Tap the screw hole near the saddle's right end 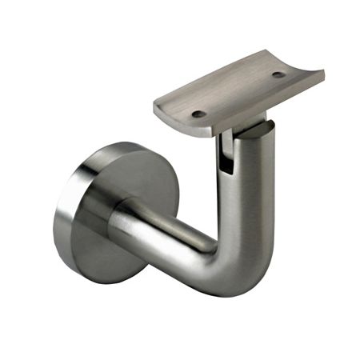pyautogui.click(x=278, y=75)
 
